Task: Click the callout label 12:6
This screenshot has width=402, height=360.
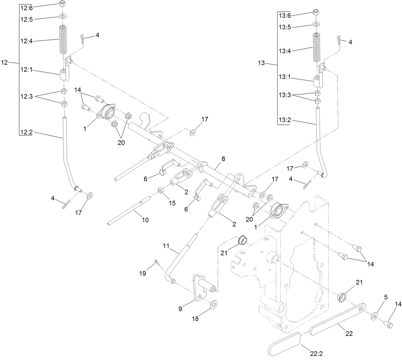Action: coord(27,8)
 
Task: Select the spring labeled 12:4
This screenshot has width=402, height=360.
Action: coord(63,39)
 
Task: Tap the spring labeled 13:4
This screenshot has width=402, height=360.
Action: coord(316,47)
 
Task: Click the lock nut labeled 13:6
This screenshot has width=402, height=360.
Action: coord(316,13)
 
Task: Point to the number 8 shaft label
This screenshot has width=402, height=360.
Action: coord(223,158)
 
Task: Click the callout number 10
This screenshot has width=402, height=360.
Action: coord(145,220)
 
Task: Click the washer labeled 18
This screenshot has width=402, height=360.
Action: coord(213,304)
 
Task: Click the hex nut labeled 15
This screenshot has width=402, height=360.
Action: coord(161,190)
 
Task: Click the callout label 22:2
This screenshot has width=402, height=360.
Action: coord(316,354)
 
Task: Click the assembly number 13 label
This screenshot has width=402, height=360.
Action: coord(262,63)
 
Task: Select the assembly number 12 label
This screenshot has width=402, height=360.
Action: coord(5,62)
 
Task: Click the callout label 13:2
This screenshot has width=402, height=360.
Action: coord(285,120)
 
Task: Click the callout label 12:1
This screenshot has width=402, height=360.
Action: coord(27,70)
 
